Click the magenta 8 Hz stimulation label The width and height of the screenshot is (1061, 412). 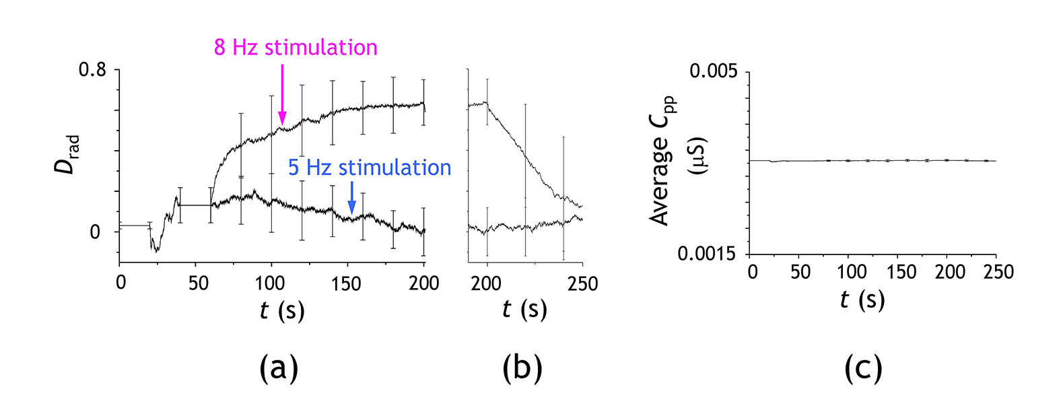[x=296, y=48]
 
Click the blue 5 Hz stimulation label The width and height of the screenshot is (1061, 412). [x=370, y=168]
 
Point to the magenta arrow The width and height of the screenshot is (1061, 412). [x=282, y=95]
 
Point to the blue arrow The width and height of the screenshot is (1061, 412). [x=351, y=199]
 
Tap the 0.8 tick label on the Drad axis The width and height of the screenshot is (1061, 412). [x=93, y=69]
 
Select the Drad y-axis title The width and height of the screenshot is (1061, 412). [x=67, y=155]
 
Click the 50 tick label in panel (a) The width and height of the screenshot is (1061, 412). [x=199, y=283]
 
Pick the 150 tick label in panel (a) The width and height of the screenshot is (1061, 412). [x=346, y=283]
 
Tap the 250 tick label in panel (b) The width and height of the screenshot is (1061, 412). [x=583, y=283]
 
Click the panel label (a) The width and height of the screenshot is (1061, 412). [x=279, y=368]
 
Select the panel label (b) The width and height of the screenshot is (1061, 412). [x=522, y=368]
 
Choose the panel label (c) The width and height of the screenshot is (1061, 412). [x=863, y=368]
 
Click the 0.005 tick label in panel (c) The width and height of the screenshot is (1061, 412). [x=714, y=71]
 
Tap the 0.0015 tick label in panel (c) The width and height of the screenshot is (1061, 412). [x=706, y=254]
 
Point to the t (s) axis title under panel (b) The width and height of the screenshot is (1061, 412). [x=524, y=309]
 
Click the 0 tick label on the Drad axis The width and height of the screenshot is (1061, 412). [x=95, y=232]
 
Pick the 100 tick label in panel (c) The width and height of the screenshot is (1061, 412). [x=852, y=272]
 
